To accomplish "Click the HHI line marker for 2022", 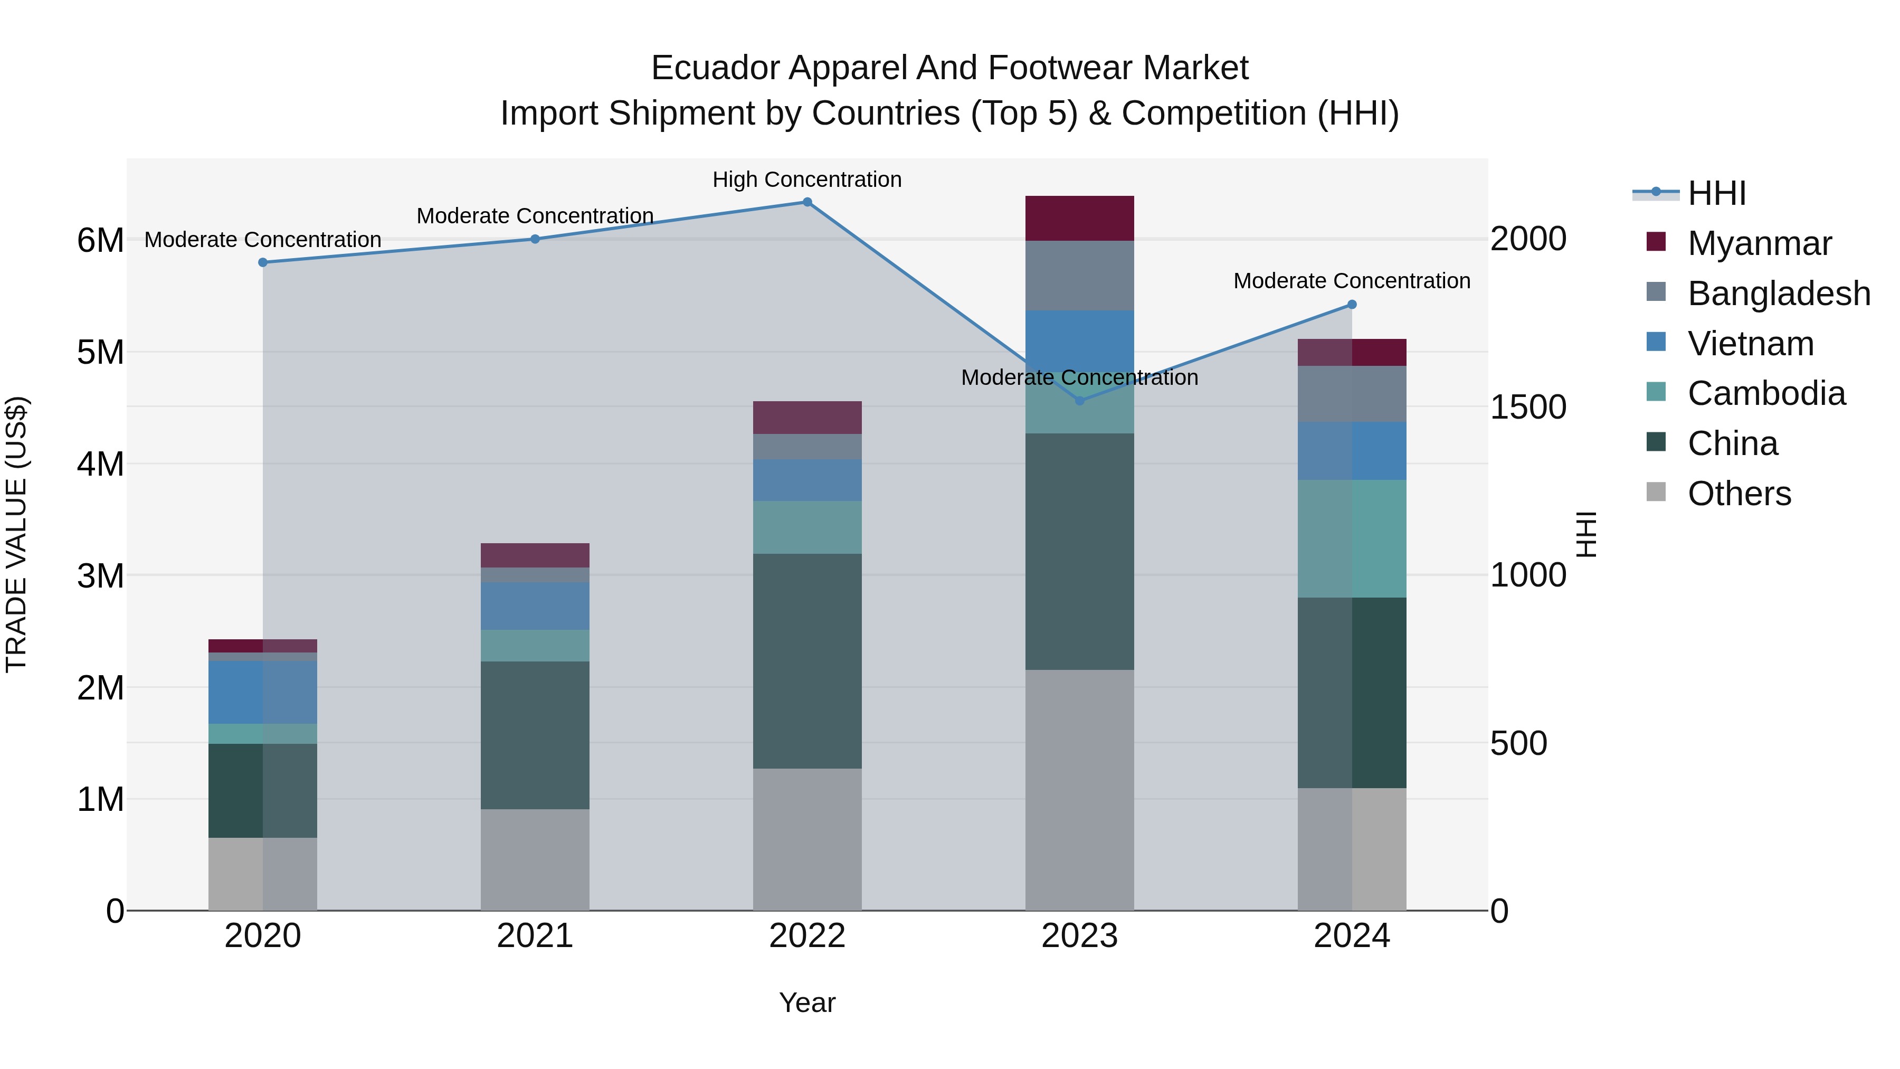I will coord(807,202).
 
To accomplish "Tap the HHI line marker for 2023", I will coord(1079,401).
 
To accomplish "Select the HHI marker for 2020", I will coord(263,263).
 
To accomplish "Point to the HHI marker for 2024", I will coord(1351,305).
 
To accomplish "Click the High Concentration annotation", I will coord(807,180).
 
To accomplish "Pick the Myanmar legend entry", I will coord(1759,243).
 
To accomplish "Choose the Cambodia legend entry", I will coord(1766,393).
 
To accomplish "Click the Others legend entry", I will coord(1738,494).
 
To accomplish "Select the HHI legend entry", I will coord(1716,193).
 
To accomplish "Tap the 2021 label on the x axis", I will coord(535,936).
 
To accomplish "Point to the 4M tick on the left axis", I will coord(100,464).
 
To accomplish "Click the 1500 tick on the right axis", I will coord(1527,407).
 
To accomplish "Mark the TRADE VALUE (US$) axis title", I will coord(16,534).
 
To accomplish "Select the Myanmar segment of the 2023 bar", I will coord(1079,219).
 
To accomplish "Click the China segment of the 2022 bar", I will coord(807,661).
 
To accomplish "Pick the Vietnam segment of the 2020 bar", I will coord(263,692).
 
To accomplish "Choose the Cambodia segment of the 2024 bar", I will coord(1351,538).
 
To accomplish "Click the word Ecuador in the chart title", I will coord(715,69).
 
